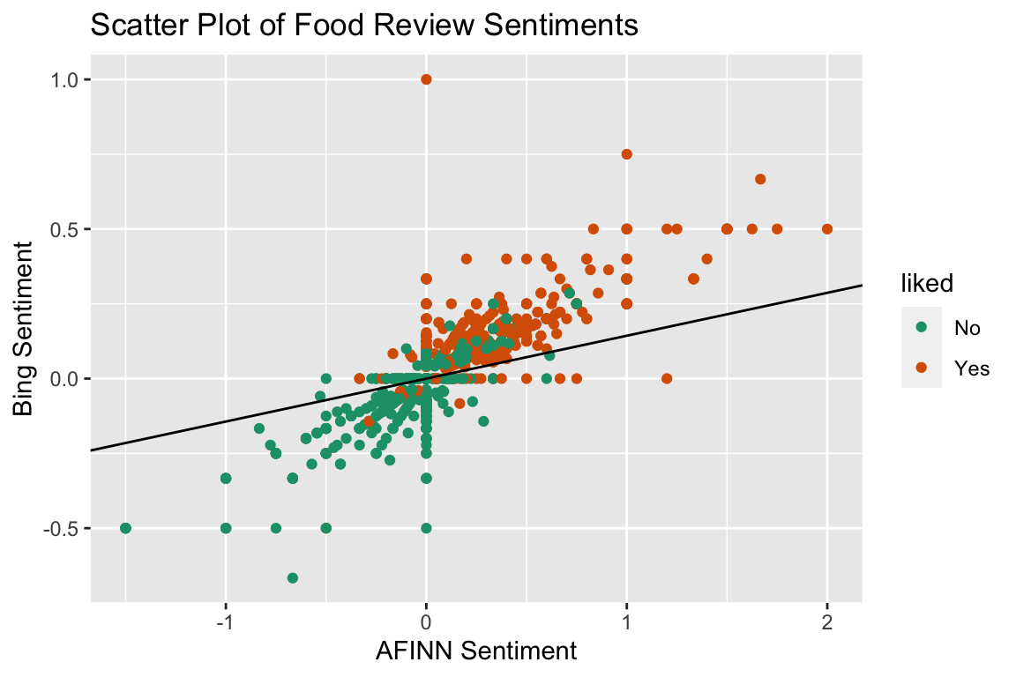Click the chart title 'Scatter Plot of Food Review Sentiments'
[x=364, y=26]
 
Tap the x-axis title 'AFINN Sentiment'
[x=476, y=651]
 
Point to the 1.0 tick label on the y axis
[x=62, y=79]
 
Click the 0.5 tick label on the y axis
[x=62, y=229]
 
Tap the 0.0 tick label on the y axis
[x=62, y=379]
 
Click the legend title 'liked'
[x=926, y=283]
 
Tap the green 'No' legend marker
[x=923, y=327]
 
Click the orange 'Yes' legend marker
[x=923, y=368]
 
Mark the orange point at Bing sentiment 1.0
[x=427, y=79]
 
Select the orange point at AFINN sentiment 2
[x=827, y=229]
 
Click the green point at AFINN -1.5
[x=125, y=528]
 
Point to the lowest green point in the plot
[x=293, y=578]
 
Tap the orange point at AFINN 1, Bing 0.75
[x=627, y=154]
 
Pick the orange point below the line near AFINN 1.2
[x=667, y=379]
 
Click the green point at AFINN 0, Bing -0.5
[x=427, y=528]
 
